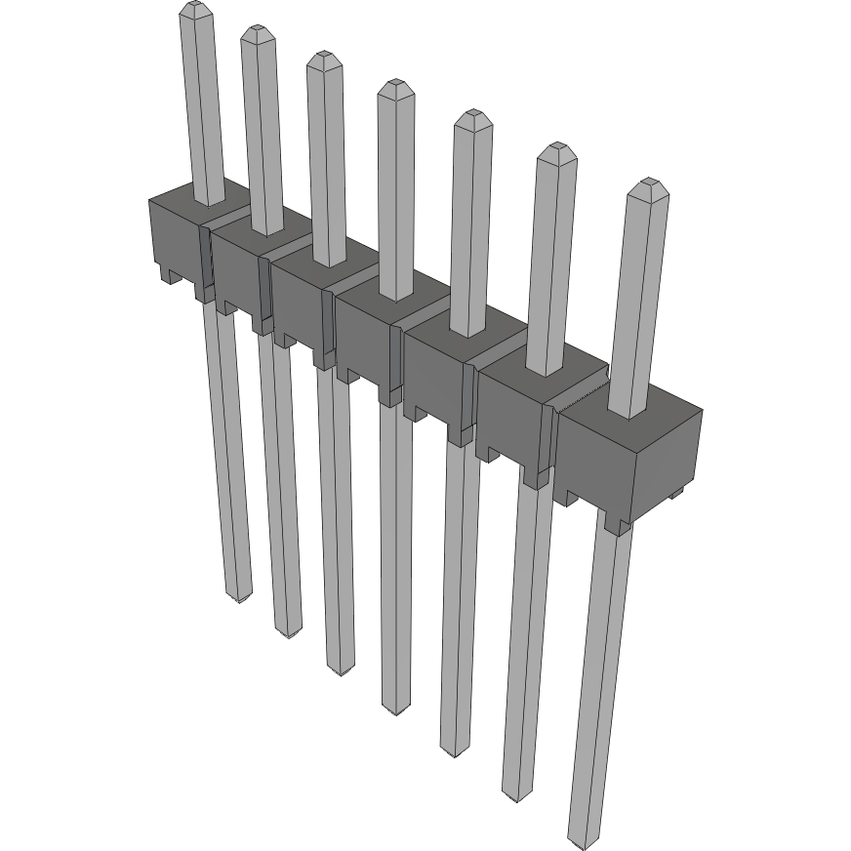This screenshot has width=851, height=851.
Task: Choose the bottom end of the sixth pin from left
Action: [515, 794]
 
